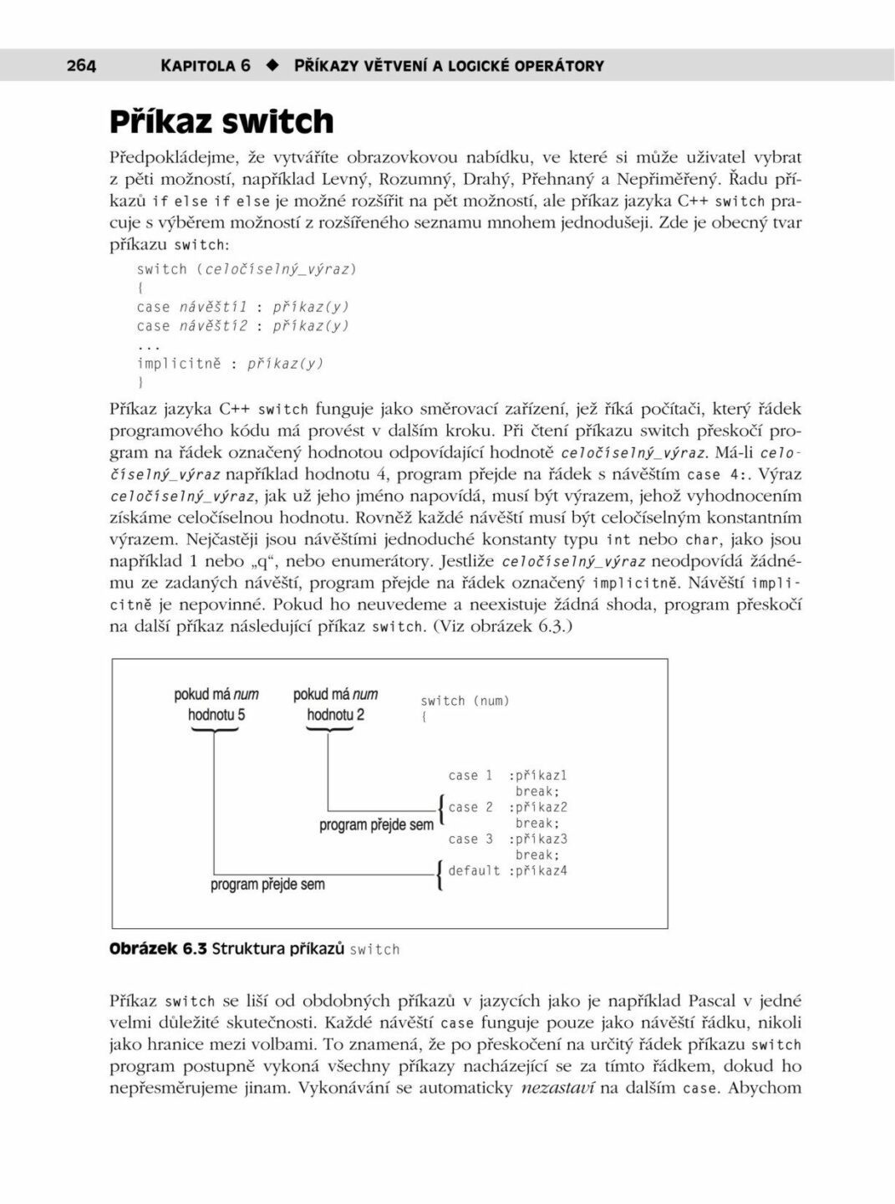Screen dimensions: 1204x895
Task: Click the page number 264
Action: [81, 65]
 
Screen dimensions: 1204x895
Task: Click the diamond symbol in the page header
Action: [272, 65]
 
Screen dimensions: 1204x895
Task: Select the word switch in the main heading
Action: [278, 122]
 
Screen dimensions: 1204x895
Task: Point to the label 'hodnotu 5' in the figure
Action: [216, 715]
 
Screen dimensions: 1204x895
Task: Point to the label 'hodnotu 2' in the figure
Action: [335, 715]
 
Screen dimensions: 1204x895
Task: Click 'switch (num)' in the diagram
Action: [465, 701]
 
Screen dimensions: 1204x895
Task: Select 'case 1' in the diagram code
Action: [470, 776]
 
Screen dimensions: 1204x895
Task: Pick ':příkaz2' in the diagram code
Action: [537, 808]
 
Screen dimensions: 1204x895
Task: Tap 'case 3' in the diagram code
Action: [470, 839]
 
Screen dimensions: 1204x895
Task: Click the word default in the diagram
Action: [474, 871]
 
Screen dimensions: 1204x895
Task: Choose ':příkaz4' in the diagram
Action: [537, 871]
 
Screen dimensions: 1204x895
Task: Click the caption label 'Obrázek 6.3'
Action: [158, 949]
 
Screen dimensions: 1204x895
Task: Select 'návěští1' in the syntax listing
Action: [213, 307]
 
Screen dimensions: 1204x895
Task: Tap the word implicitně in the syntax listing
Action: [179, 364]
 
